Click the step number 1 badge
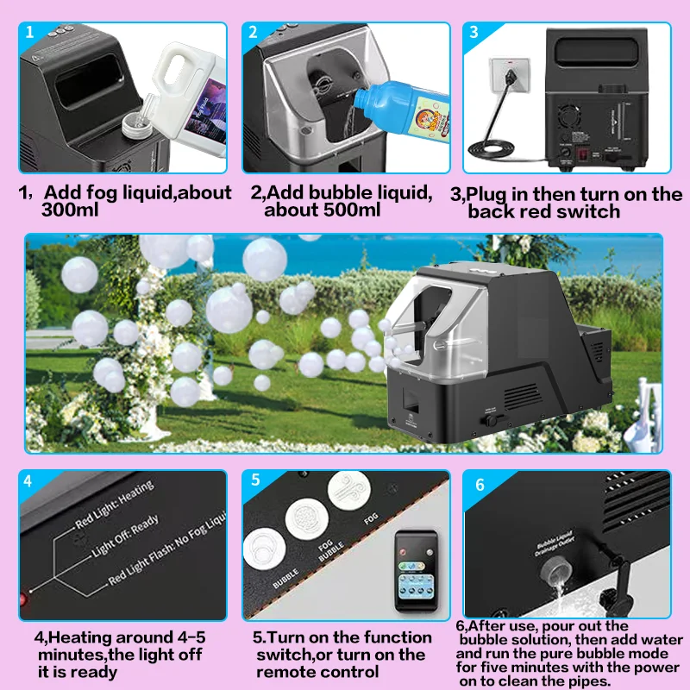click(x=30, y=33)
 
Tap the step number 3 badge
click(x=474, y=33)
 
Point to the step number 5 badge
click(x=255, y=480)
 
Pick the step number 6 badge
click(x=480, y=484)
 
